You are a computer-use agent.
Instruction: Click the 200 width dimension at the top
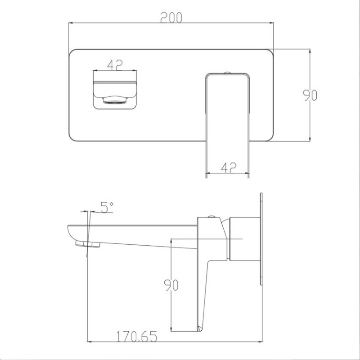pyautogui.click(x=171, y=18)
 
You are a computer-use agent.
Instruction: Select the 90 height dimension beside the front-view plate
pyautogui.click(x=310, y=95)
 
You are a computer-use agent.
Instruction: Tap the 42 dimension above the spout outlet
pyautogui.click(x=115, y=65)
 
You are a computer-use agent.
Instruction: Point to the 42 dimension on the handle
pyautogui.click(x=229, y=167)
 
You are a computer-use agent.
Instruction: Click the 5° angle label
pyautogui.click(x=107, y=207)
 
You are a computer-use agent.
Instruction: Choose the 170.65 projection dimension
pyautogui.click(x=137, y=336)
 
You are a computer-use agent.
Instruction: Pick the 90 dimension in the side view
pyautogui.click(x=171, y=285)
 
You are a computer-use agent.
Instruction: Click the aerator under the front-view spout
pyautogui.click(x=115, y=100)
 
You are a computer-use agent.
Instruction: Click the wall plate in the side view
pyautogui.click(x=261, y=239)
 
